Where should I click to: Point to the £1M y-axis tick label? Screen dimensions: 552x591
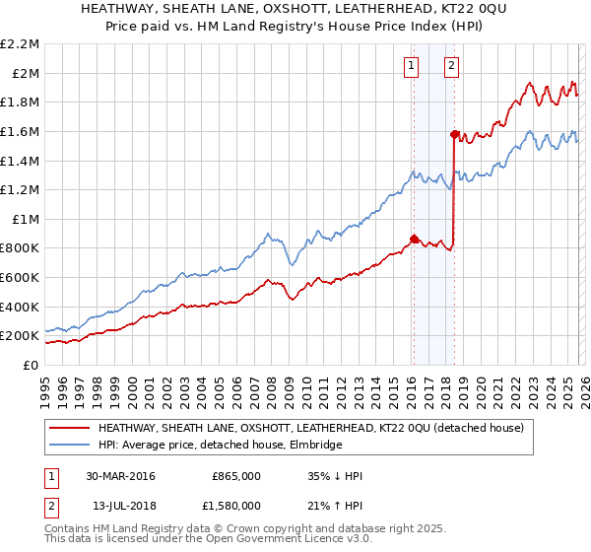point(25,219)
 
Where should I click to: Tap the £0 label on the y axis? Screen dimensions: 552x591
point(31,365)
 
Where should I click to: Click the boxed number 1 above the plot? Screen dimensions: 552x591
point(410,67)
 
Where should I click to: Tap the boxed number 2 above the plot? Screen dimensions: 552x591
point(451,67)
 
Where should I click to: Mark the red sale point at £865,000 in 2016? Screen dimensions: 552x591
point(414,239)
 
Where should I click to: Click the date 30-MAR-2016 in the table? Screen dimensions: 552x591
point(120,476)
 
